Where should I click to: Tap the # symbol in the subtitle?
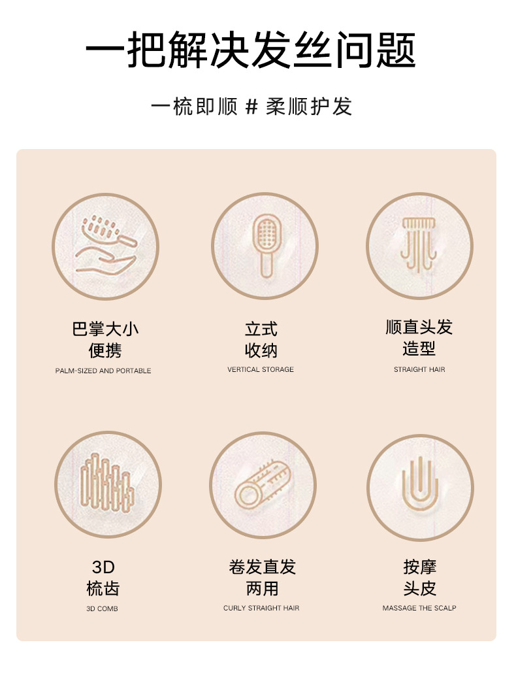point(251,107)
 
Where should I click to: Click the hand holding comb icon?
point(105,246)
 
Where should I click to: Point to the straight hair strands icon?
point(419,244)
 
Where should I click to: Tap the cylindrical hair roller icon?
point(263,484)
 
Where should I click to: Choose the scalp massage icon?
point(420,487)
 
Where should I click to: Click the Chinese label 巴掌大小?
point(105,328)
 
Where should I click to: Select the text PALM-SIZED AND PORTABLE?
point(103,371)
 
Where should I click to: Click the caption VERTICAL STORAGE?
point(261,369)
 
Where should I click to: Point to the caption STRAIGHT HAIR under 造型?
point(419,369)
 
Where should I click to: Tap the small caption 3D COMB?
point(102,609)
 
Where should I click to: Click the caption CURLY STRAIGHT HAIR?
point(261,608)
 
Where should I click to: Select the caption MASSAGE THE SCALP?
point(419,608)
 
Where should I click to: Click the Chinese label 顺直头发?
point(419,327)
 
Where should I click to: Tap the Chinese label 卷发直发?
point(262,567)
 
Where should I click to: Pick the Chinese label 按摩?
point(419,567)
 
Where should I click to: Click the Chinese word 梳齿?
point(103,588)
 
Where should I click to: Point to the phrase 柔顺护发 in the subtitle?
point(309,107)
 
